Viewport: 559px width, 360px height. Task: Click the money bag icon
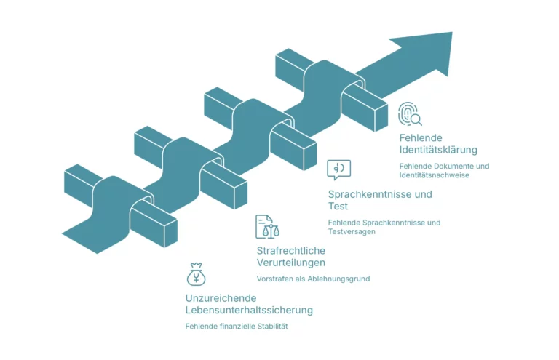[x=196, y=274]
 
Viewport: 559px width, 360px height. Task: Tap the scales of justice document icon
[x=266, y=227]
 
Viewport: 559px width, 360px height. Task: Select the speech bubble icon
[x=338, y=169]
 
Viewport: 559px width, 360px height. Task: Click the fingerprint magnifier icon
[x=410, y=114]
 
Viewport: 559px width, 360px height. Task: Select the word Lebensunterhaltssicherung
[x=249, y=311]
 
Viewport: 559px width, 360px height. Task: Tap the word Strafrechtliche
[x=290, y=250]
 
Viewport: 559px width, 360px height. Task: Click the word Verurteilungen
[x=290, y=263]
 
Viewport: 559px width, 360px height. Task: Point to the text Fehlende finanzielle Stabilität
[x=237, y=327]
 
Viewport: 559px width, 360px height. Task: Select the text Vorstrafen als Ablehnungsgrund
[x=313, y=279]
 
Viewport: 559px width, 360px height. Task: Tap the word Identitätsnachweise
[x=434, y=175]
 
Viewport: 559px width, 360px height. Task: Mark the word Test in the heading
[x=338, y=207]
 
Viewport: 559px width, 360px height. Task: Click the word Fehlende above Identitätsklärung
[x=421, y=137]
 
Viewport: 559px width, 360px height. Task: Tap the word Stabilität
[x=271, y=327]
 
